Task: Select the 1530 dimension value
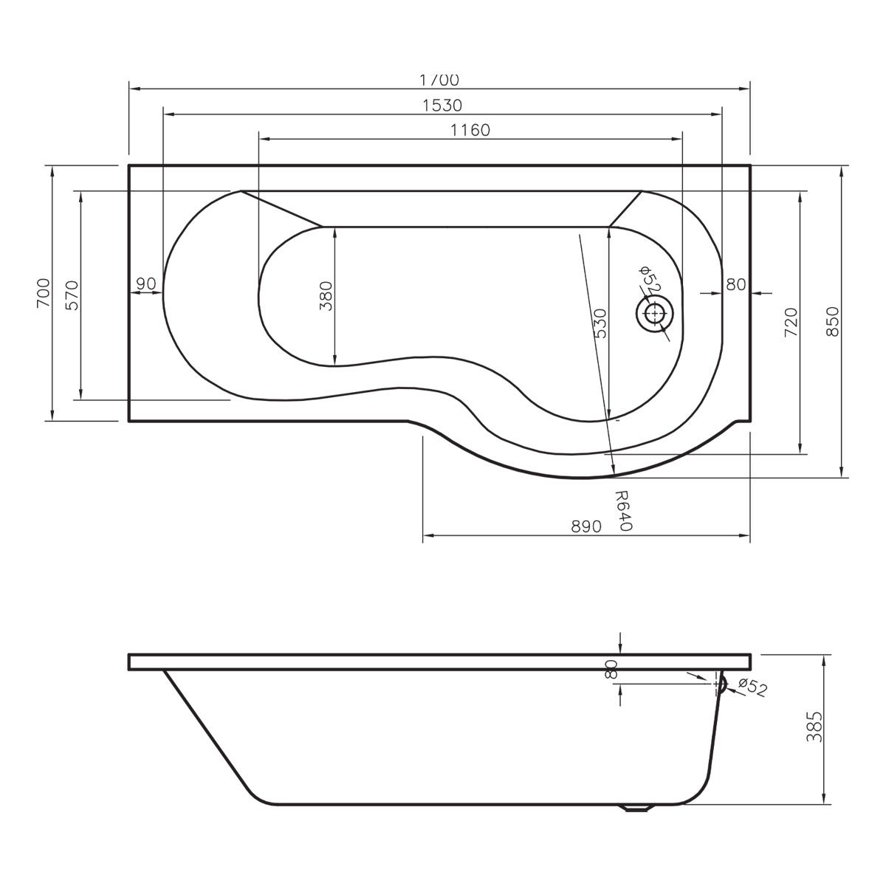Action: pyautogui.click(x=443, y=106)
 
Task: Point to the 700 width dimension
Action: pyautogui.click(x=43, y=293)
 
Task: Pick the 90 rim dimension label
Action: pyautogui.click(x=145, y=284)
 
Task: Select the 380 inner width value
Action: pyautogui.click(x=326, y=295)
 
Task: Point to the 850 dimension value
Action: pyautogui.click(x=832, y=323)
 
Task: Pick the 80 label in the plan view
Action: pyautogui.click(x=735, y=284)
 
